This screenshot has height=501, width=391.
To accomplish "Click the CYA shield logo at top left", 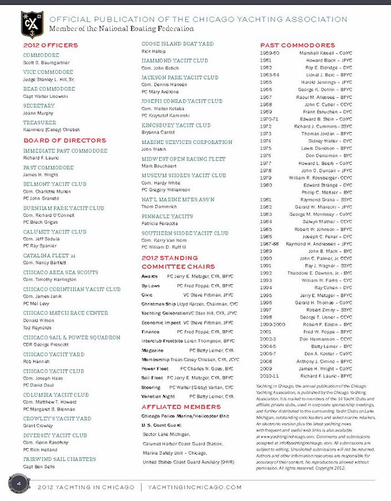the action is coord(32,23).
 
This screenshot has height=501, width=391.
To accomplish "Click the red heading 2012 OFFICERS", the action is coord(50,45).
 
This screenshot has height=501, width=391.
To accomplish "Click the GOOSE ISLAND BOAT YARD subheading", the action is coord(177,43).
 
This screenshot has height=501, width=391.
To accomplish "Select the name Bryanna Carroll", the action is coord(158,132).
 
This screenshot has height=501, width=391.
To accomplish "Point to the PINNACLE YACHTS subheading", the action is coord(167,216).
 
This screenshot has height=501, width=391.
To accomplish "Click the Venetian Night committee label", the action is coord(158,396).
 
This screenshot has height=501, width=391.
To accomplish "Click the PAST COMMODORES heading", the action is coord(298,45).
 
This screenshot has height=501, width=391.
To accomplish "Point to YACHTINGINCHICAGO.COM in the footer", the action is coord(195,487).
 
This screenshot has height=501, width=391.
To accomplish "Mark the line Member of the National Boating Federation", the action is coord(121,28).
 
